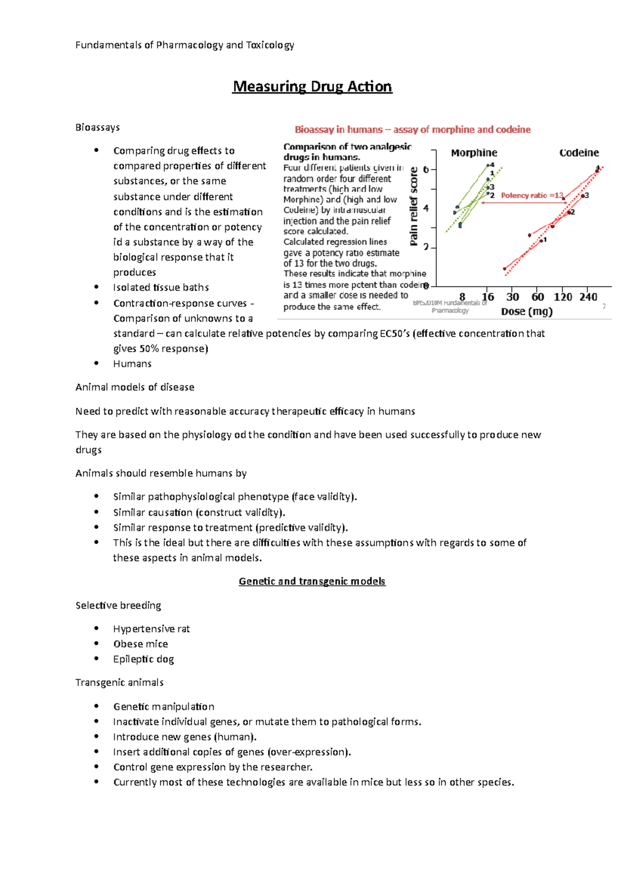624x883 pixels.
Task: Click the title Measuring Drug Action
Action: (312, 86)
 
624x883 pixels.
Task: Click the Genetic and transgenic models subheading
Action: (312, 581)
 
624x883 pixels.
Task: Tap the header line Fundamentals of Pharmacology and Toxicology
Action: (185, 45)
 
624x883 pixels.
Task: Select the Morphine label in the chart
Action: (474, 153)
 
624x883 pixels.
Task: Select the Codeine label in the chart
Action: (579, 153)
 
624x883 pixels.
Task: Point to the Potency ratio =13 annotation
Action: (531, 196)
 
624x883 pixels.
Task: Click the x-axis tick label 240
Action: (588, 297)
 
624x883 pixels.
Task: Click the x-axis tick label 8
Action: (462, 297)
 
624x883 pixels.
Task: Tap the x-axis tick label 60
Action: (538, 297)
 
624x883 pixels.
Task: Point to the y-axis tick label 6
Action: (426, 170)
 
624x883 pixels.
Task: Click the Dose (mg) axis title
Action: (527, 311)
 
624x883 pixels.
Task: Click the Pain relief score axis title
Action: (414, 206)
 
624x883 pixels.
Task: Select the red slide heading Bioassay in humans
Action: (412, 129)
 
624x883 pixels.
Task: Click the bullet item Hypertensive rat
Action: (151, 629)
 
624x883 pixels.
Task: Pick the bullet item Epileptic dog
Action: (144, 659)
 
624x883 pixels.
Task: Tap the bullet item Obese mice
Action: (140, 644)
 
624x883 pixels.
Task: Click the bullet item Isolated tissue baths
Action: (161, 288)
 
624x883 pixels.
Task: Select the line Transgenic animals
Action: (120, 682)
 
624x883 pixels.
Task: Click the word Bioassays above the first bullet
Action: (98, 127)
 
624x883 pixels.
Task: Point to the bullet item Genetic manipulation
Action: (164, 707)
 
